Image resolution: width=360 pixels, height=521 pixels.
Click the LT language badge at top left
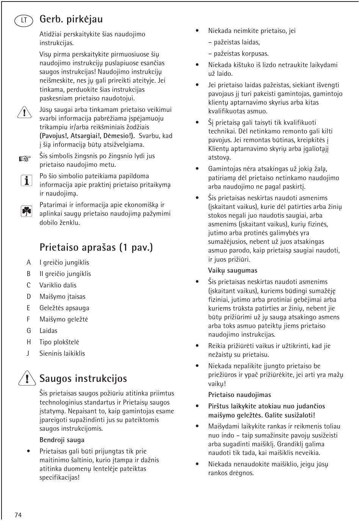pyautogui.click(x=24, y=20)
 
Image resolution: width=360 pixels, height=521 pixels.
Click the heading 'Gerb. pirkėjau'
pyautogui.click(x=71, y=19)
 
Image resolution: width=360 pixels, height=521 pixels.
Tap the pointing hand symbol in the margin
pyautogui.click(x=25, y=159)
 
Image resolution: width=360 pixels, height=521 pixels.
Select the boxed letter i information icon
pyautogui.click(x=26, y=181)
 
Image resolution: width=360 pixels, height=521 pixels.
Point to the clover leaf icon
pyautogui.click(x=26, y=211)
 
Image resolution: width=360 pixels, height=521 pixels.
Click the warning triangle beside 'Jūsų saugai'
pyautogui.click(x=24, y=112)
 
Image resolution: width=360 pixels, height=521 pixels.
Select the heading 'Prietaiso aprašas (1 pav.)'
pyautogui.click(x=96, y=247)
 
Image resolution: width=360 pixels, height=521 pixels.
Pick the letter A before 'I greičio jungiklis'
pyautogui.click(x=28, y=262)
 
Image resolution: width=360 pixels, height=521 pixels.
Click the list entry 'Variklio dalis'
pyautogui.click(x=58, y=285)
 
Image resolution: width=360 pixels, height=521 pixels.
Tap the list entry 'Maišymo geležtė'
pyautogui.click(x=64, y=319)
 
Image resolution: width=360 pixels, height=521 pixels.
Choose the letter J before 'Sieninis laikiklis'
pyautogui.click(x=28, y=353)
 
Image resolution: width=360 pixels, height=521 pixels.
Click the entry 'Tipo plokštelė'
pyautogui.click(x=59, y=342)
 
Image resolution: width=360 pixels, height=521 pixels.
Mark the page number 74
pyautogui.click(x=18, y=515)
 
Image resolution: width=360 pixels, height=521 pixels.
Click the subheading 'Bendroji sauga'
pyautogui.click(x=62, y=440)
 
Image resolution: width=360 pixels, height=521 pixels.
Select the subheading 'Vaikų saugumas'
pyautogui.click(x=232, y=270)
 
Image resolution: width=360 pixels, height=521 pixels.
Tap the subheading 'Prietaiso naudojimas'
pyautogui.click(x=239, y=395)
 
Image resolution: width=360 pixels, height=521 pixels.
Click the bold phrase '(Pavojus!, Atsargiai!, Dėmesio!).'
pyautogui.click(x=87, y=136)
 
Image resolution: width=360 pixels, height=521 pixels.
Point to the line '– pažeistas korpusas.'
pyautogui.click(x=238, y=53)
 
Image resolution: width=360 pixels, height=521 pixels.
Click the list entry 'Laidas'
pyautogui.click(x=49, y=331)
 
